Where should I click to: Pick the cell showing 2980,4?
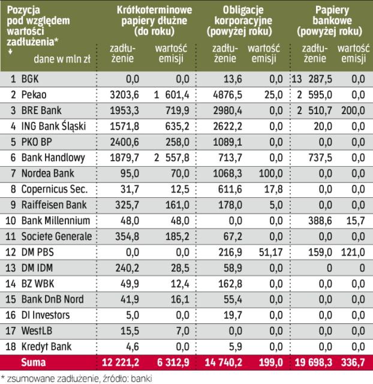click(227, 110)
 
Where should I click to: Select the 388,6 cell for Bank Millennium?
click(318, 220)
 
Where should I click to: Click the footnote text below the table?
click(90, 377)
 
